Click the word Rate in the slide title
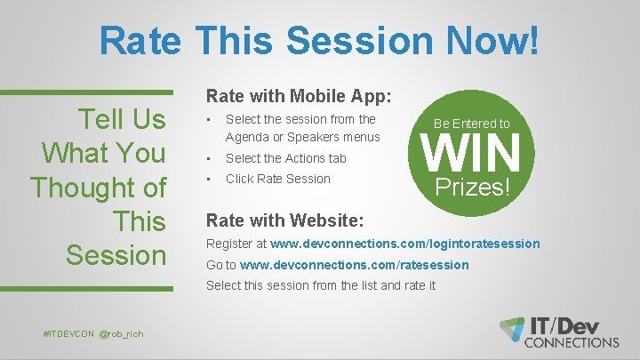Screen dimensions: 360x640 (140, 40)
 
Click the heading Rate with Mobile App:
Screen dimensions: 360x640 (300, 94)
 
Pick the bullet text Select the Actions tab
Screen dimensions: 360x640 (285, 158)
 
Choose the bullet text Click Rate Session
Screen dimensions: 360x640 (277, 179)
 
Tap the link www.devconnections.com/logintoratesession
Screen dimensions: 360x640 (404, 244)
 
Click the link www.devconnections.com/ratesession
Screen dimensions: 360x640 (355, 265)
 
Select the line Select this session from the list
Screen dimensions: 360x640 (321, 285)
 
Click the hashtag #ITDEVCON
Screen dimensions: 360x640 (68, 332)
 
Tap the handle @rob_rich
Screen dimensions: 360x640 (122, 332)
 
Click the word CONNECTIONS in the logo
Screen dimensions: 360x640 (572, 341)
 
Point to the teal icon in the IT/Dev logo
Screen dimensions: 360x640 (512, 327)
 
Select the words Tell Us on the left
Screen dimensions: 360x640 (122, 118)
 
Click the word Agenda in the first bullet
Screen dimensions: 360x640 (247, 137)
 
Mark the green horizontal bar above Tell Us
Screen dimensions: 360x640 (86, 92)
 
